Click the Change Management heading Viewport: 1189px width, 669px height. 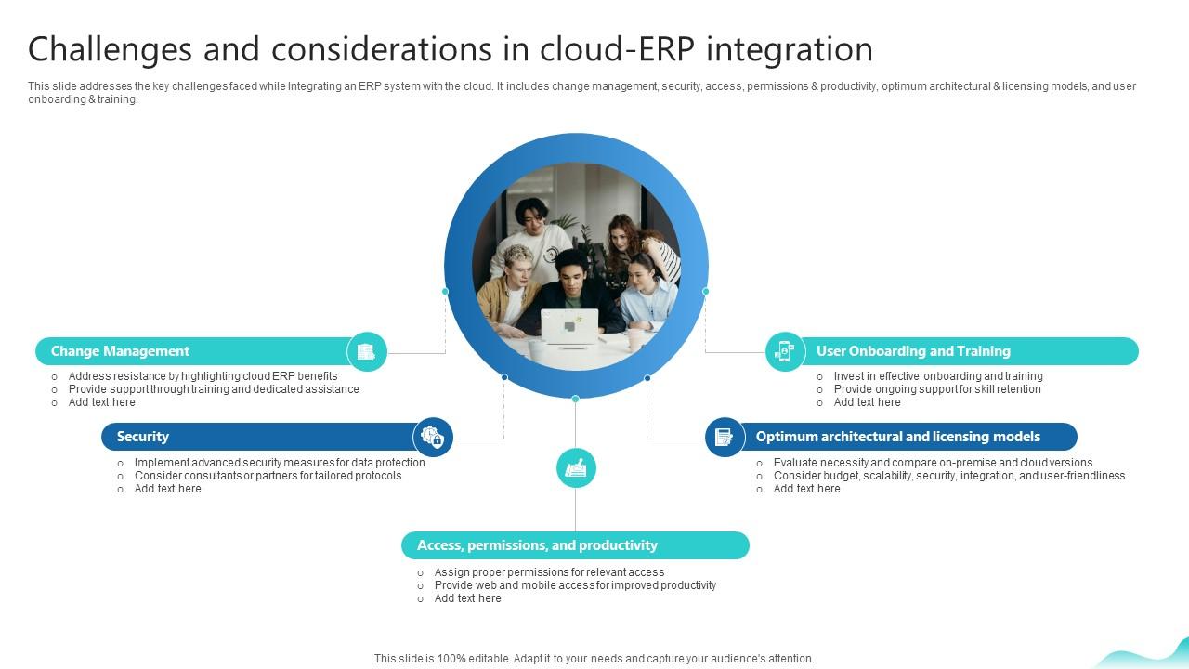pos(120,351)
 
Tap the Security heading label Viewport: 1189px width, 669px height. pos(142,437)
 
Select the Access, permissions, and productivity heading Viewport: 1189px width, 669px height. pos(537,545)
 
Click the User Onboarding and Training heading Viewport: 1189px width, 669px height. pos(913,351)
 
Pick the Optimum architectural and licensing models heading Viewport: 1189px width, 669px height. pos(897,437)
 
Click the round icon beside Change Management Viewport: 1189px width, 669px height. pos(367,352)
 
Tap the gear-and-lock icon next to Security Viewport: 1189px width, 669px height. pos(433,437)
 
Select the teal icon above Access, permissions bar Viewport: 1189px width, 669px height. pos(576,467)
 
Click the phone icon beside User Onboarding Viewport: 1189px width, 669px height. pos(785,351)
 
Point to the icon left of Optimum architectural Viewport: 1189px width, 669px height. pos(724,437)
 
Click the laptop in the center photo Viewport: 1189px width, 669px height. pos(569,326)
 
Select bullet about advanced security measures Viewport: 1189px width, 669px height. pos(280,463)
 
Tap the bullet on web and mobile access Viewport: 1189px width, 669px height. pos(575,585)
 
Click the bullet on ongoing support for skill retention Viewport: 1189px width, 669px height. pos(936,389)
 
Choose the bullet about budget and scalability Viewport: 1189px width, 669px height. pos(948,476)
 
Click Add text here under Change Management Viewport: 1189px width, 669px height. pos(102,402)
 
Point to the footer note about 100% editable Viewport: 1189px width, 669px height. pos(594,659)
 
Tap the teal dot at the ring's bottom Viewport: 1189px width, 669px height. pos(576,399)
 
